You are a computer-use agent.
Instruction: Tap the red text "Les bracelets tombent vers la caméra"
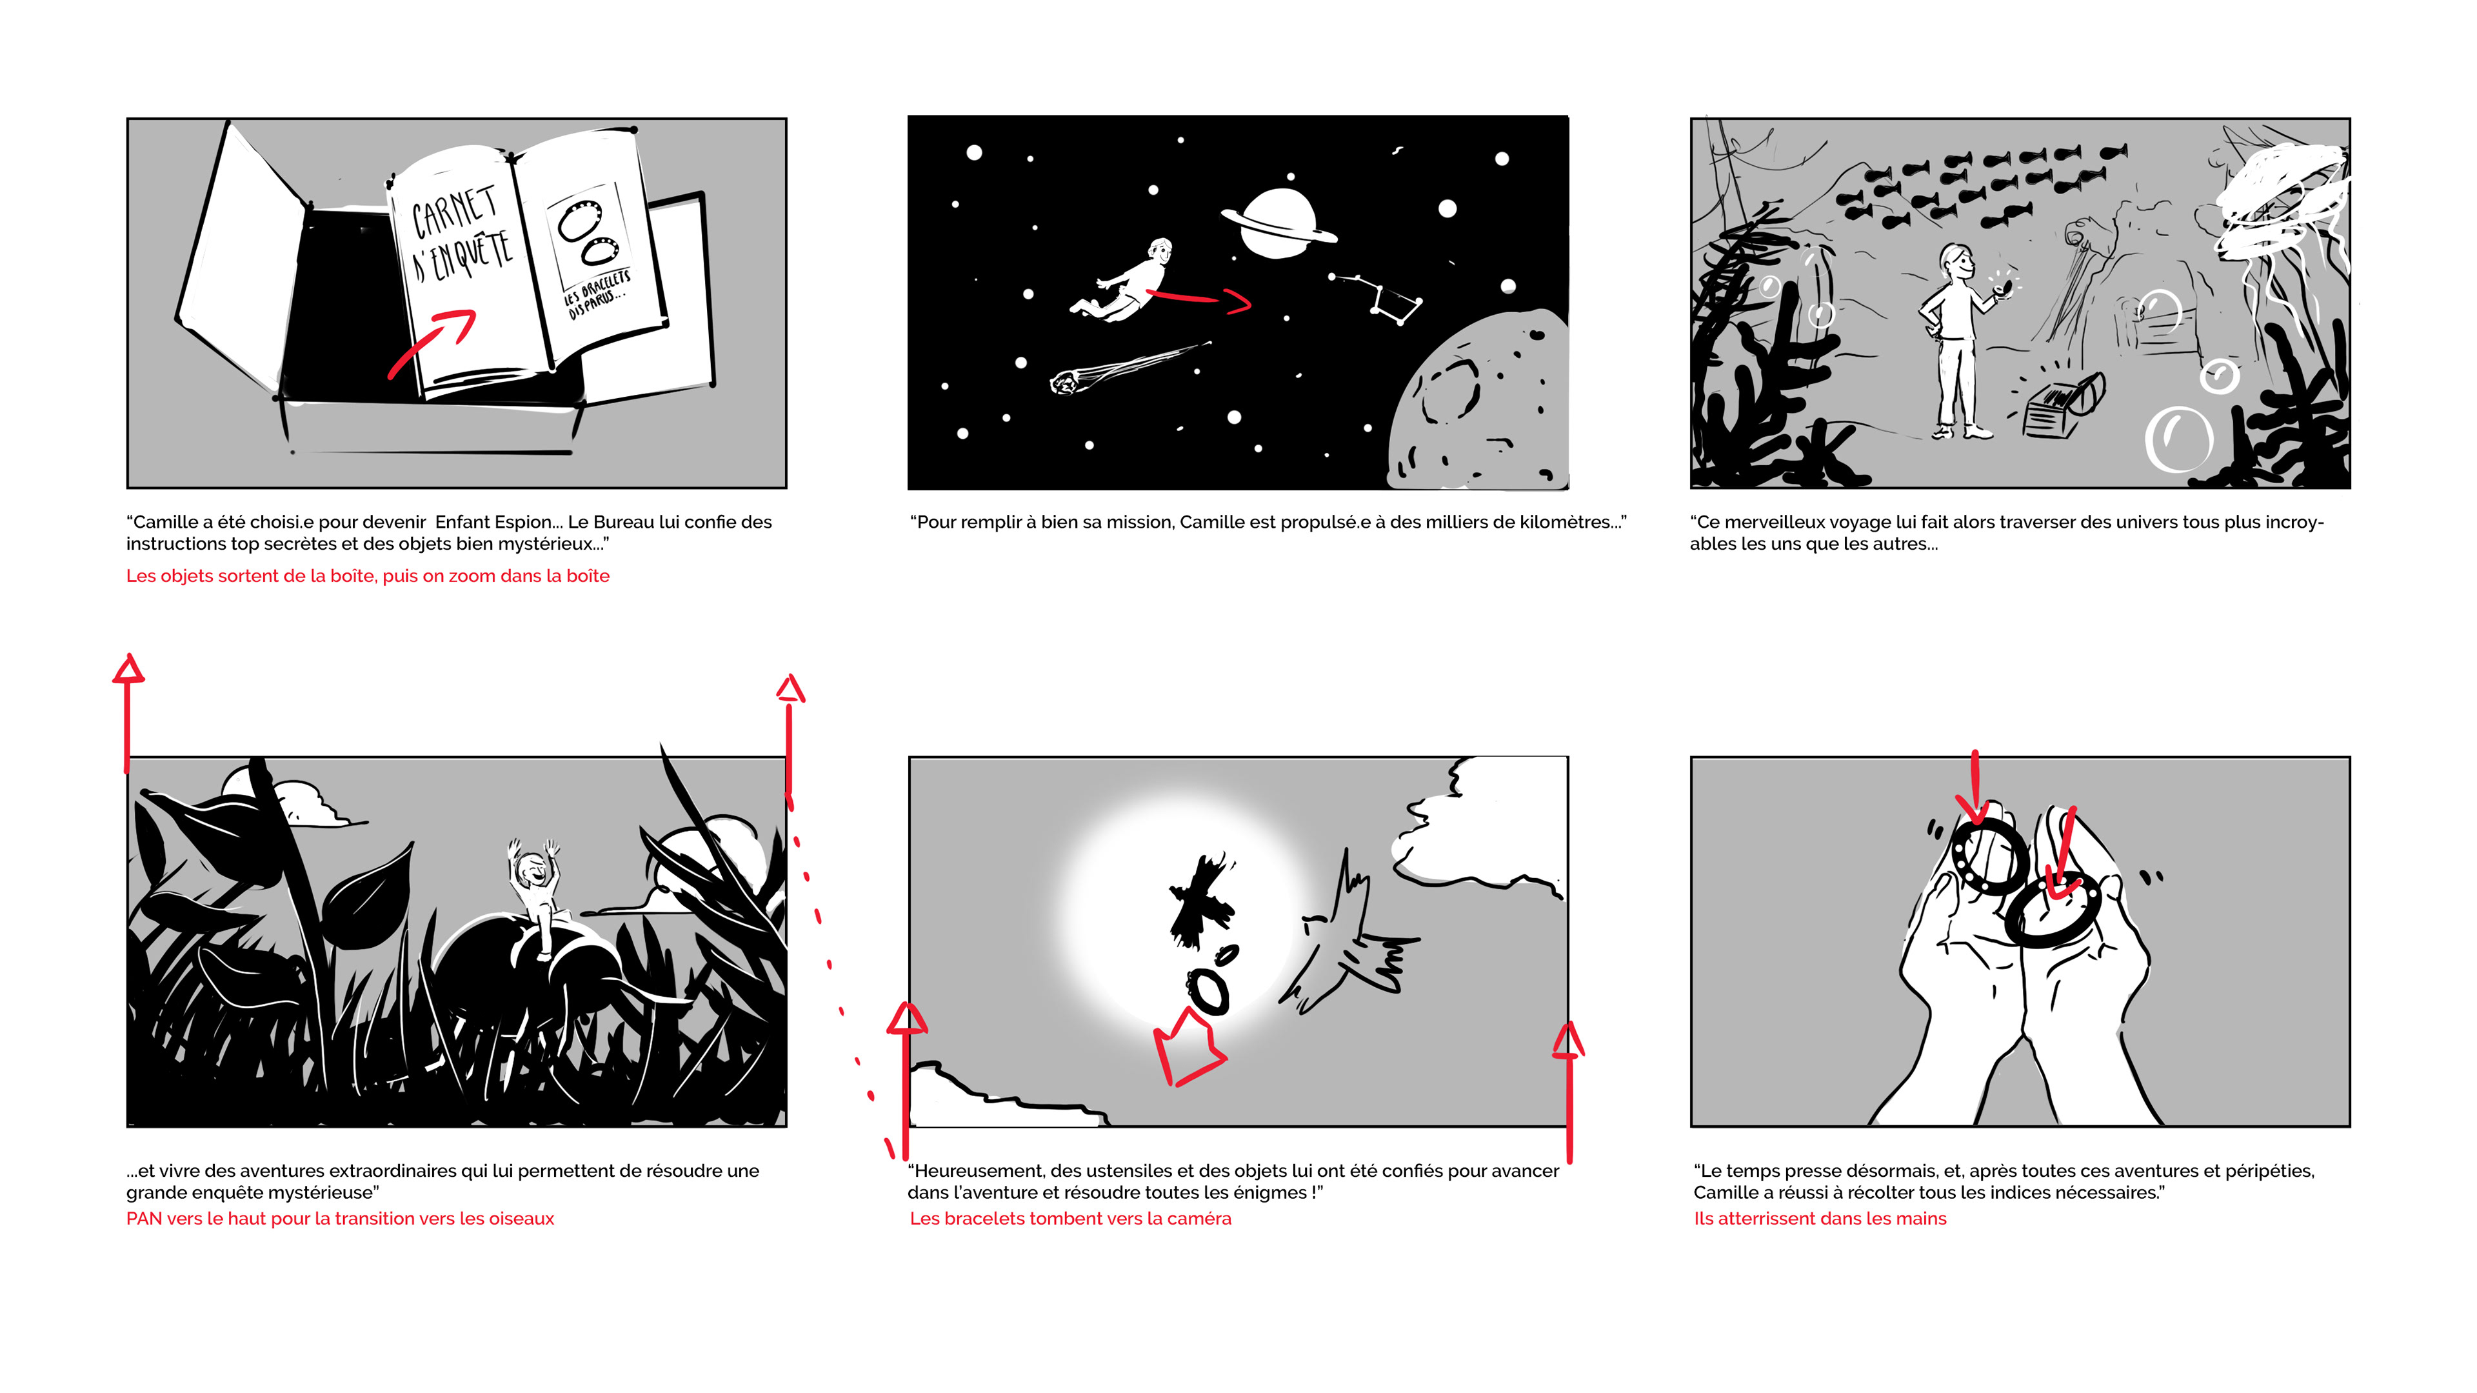[1070, 1219]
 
